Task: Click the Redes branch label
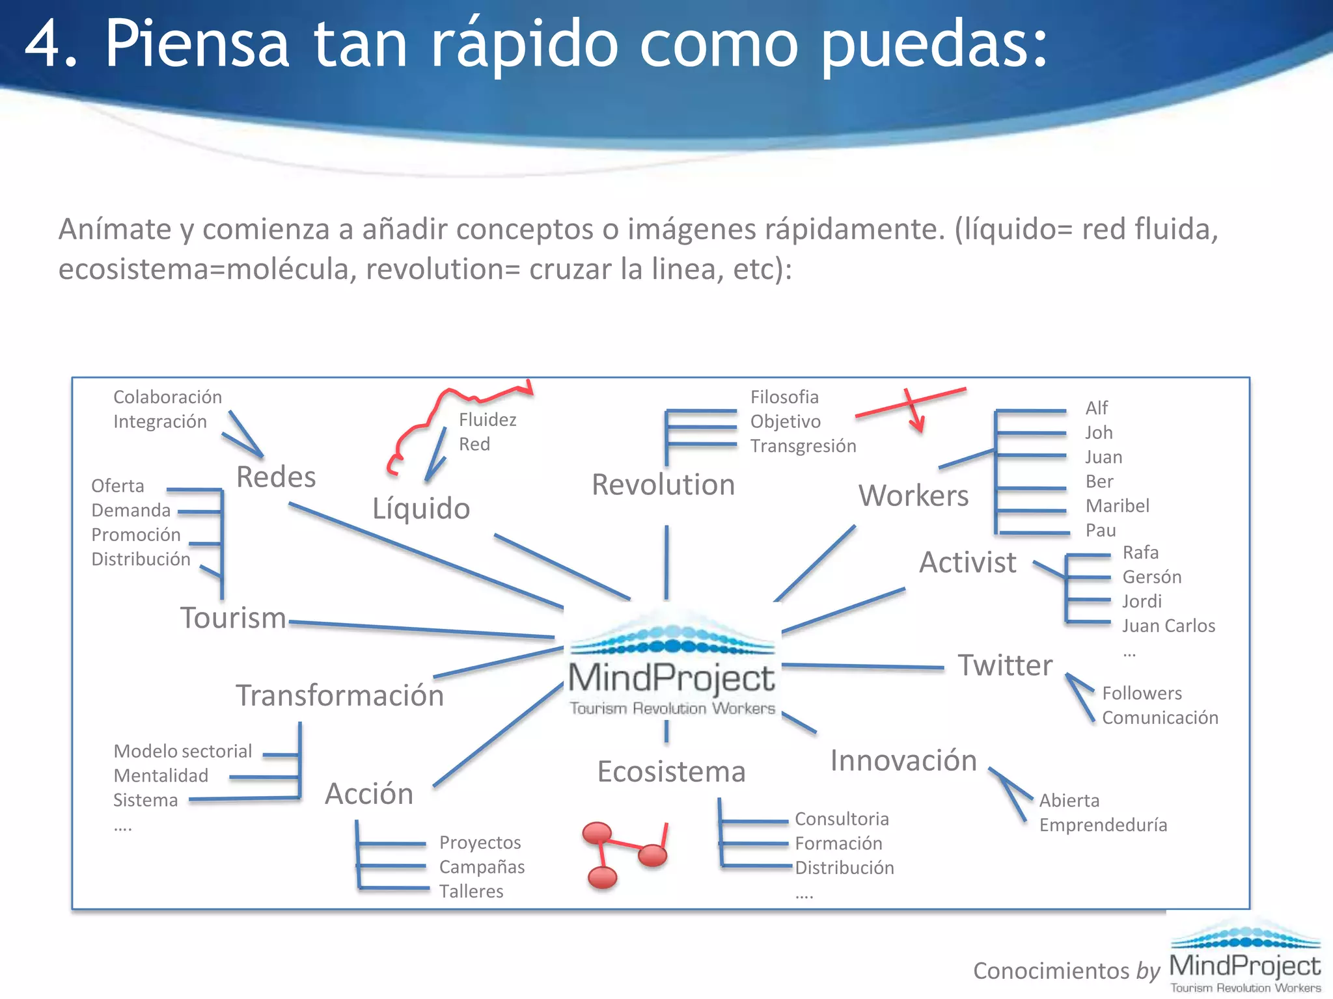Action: [276, 477]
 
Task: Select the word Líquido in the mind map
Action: [421, 508]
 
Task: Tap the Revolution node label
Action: [663, 485]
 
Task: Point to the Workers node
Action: [913, 496]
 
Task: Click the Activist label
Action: [967, 562]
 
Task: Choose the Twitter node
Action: [1005, 665]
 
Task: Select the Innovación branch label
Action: [903, 760]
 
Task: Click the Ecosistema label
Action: [671, 771]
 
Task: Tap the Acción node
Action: [369, 793]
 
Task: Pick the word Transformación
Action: [340, 695]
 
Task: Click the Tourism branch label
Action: [233, 618]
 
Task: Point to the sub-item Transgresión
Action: [803, 446]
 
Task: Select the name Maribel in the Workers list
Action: [1117, 505]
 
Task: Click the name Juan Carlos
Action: [1168, 626]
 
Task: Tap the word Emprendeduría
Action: [1103, 825]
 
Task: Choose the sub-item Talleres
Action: [471, 891]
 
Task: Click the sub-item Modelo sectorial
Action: [182, 751]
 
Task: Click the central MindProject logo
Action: [672, 670]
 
